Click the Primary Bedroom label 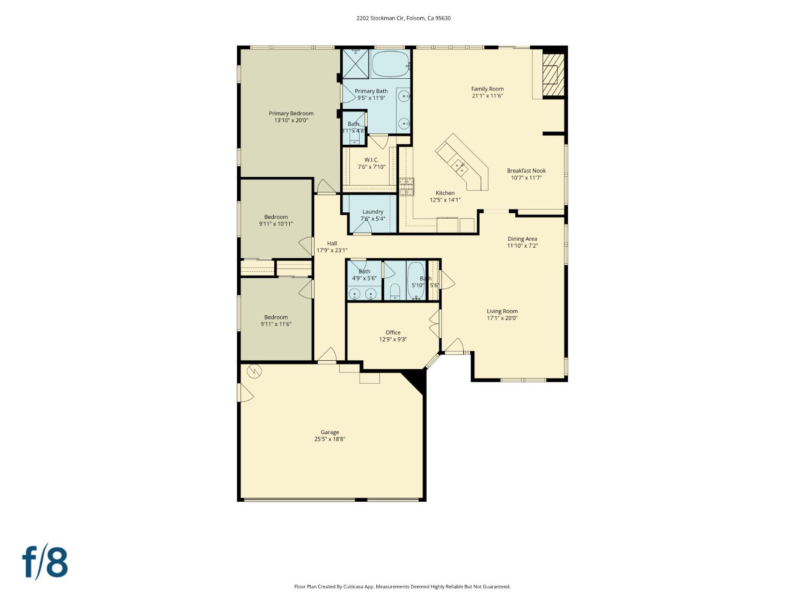click(291, 114)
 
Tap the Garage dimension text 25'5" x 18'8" click(330, 439)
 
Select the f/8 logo click(45, 562)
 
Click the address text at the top click(403, 18)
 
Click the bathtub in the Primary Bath click(390, 64)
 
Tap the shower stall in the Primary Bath click(356, 64)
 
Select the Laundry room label click(372, 212)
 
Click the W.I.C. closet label click(371, 160)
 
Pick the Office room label click(393, 332)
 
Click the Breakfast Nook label click(526, 171)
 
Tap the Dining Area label click(522, 239)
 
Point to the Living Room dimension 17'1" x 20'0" click(502, 318)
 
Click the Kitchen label click(445, 193)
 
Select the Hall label click(332, 243)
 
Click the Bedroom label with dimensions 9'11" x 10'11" click(276, 217)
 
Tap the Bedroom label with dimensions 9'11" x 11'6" click(276, 317)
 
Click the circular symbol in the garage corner click(253, 370)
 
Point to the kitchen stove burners click(406, 186)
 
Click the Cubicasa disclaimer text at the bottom click(402, 586)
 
